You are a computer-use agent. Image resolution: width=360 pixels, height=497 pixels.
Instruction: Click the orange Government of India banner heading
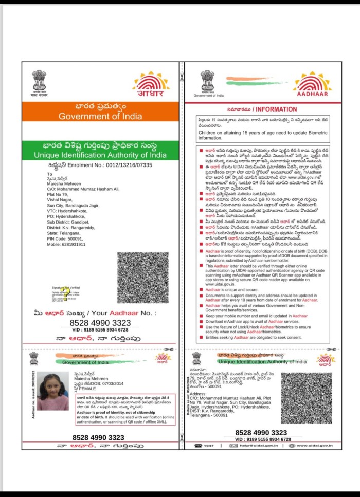(x=100, y=116)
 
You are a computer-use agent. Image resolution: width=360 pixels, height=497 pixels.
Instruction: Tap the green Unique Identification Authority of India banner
(x=100, y=155)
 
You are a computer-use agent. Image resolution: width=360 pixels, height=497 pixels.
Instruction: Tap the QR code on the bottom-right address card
(x=313, y=399)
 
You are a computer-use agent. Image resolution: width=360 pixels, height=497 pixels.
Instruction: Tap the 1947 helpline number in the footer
(x=208, y=446)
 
